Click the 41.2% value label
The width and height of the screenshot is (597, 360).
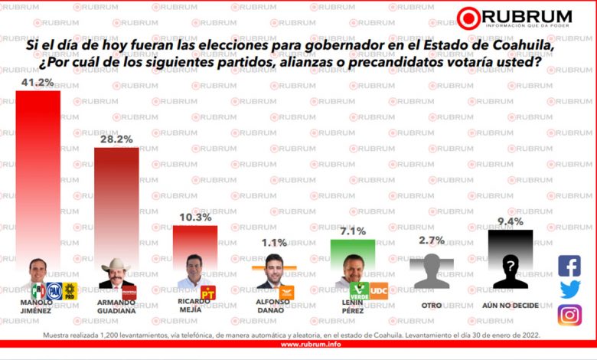coord(38,81)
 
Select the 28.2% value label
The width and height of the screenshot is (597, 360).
coord(116,139)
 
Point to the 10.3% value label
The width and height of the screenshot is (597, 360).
coord(195,218)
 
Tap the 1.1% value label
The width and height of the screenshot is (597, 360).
coord(274,244)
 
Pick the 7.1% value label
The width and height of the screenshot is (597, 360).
coord(353,231)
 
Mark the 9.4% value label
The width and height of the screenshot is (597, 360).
coord(511,222)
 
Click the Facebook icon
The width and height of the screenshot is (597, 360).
coord(569,266)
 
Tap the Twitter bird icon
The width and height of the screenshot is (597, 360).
coord(569,290)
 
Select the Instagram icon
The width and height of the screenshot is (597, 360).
coord(569,315)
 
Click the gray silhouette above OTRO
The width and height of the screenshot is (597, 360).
coord(432,272)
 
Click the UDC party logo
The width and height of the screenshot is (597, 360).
coord(379,290)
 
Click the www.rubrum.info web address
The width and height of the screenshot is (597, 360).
coord(298,344)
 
